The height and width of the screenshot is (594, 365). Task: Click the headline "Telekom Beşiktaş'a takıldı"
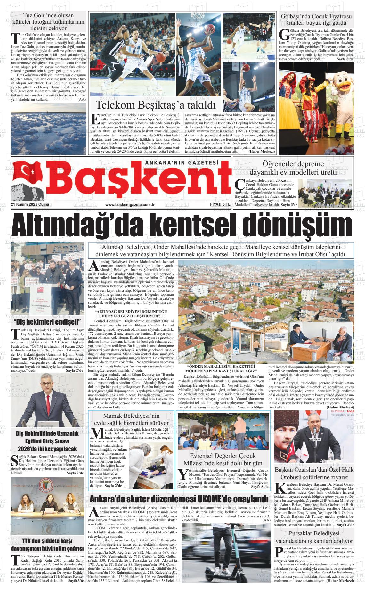point(156,105)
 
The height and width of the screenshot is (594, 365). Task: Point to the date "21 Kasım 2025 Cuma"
point(28,204)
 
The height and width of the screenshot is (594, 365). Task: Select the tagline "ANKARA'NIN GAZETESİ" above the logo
point(182,163)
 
